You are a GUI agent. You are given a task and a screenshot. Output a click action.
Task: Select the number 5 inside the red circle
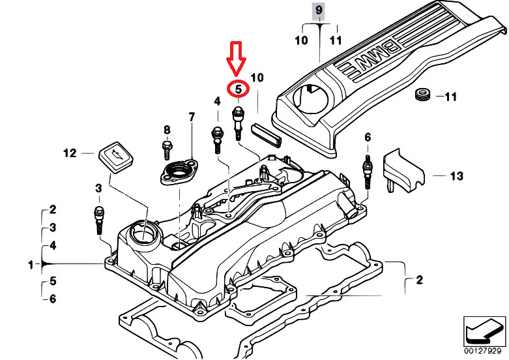pos(238,89)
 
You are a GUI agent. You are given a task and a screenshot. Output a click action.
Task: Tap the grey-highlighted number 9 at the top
pos(319,10)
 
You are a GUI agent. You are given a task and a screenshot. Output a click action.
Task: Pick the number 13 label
pos(457,175)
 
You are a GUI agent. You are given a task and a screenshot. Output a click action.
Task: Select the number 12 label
pos(70,154)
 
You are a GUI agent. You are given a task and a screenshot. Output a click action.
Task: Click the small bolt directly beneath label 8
pos(167,147)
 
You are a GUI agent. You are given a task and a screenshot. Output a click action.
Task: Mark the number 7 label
pos(192,117)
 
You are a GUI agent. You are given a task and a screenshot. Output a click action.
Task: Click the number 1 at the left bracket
pos(30,265)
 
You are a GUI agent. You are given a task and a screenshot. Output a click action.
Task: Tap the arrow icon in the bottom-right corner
pos(484,329)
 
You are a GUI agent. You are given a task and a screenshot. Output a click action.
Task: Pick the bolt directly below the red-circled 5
pos(239,123)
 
